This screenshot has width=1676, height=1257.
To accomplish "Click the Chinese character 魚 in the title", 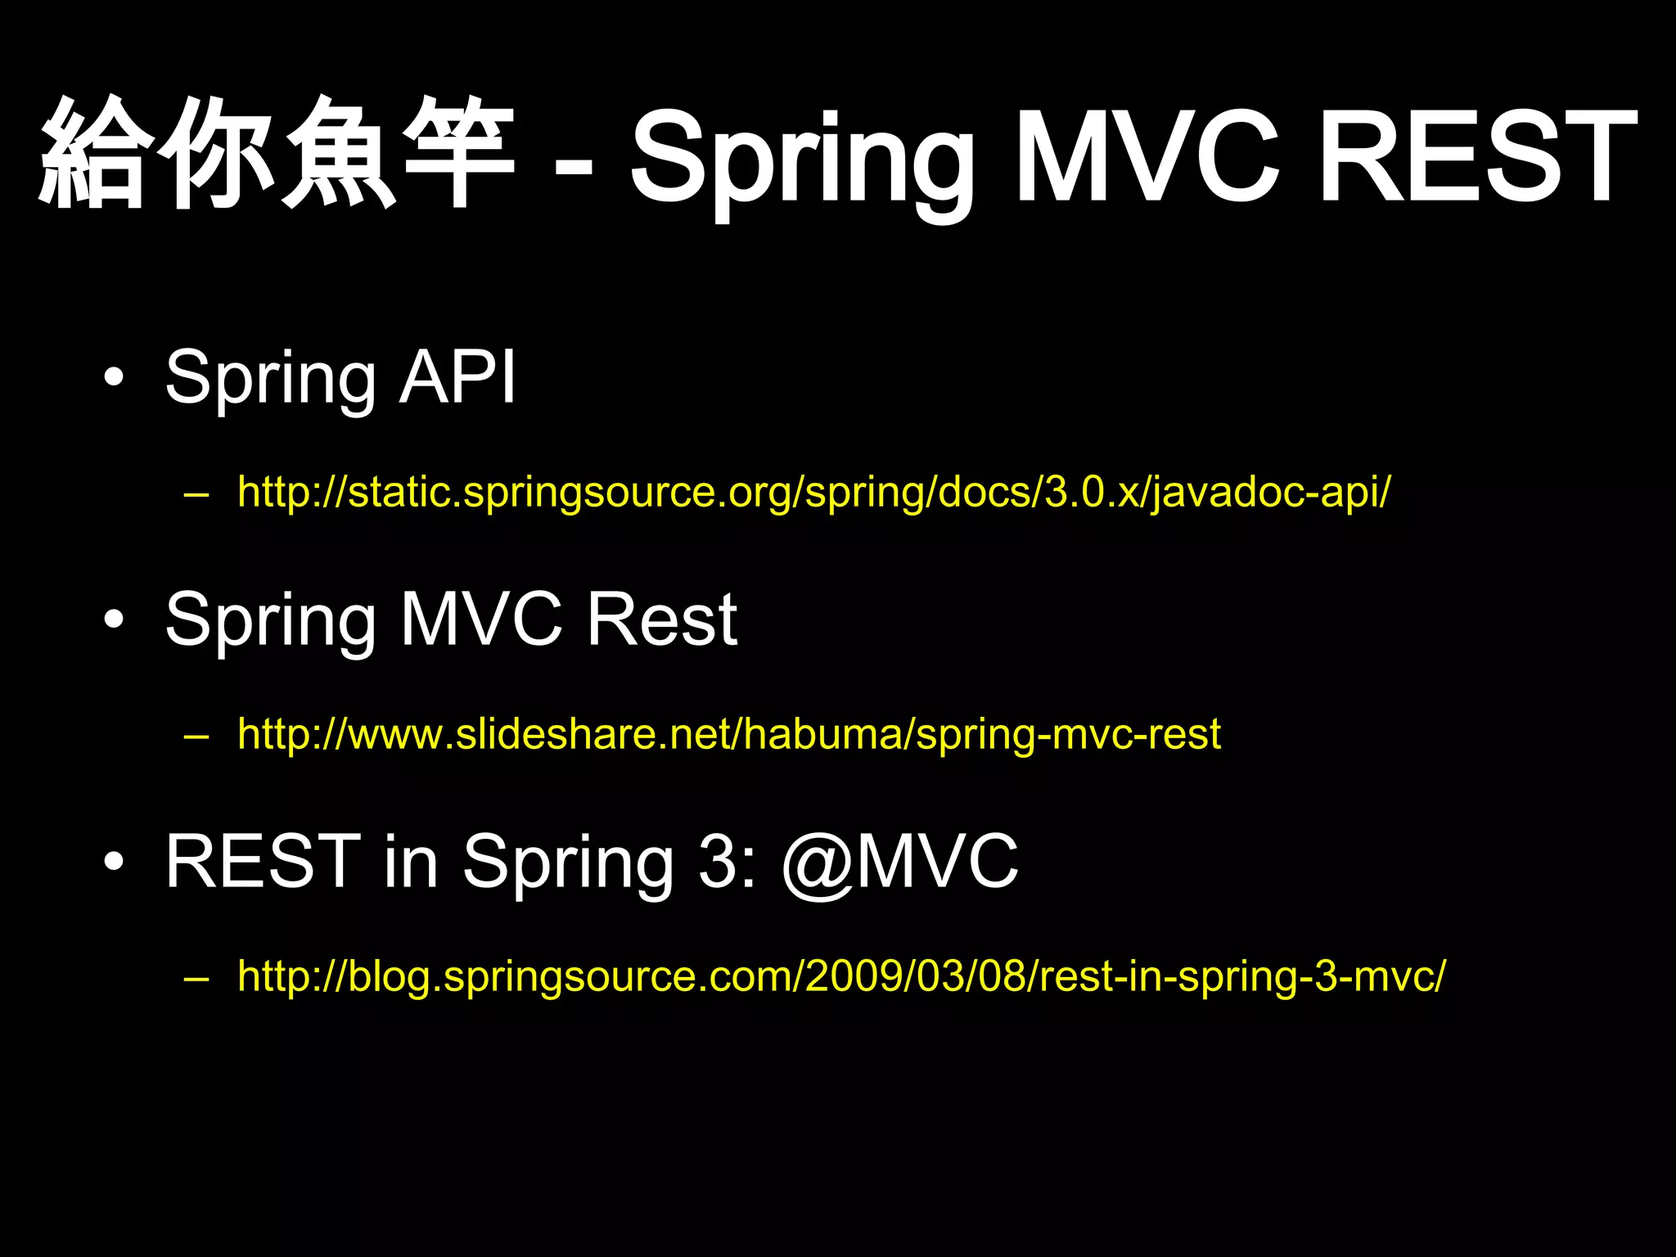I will [338, 153].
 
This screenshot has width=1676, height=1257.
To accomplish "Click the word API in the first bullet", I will [457, 377].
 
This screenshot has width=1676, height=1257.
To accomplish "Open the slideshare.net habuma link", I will [728, 734].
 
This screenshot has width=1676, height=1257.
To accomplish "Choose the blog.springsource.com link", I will [841, 976].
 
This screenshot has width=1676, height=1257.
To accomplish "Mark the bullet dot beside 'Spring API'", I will [115, 379].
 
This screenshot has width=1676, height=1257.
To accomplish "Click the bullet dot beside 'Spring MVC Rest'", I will [115, 621].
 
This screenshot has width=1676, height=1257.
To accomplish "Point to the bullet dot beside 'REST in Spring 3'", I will [115, 863].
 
